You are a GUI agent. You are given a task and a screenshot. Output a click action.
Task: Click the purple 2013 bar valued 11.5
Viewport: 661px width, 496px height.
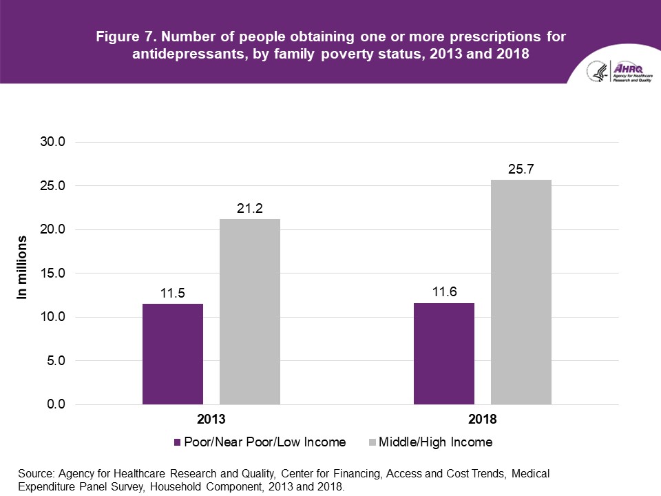pyautogui.click(x=173, y=354)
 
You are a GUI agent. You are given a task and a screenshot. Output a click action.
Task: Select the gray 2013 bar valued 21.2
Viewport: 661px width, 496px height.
pyautogui.click(x=250, y=311)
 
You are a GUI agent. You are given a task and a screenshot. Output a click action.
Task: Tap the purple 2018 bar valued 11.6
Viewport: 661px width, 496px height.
pyautogui.click(x=444, y=353)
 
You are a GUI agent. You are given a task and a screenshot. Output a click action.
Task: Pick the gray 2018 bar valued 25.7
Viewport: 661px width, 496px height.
pyautogui.click(x=521, y=292)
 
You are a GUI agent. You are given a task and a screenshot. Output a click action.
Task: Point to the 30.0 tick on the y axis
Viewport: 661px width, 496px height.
pyautogui.click(x=51, y=142)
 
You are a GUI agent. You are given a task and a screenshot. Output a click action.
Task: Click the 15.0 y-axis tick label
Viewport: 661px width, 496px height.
pyautogui.click(x=51, y=273)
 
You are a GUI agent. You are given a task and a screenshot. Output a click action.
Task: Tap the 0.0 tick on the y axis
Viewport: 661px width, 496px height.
pyautogui.click(x=54, y=404)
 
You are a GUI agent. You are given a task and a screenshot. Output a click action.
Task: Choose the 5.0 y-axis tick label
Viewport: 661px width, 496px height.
pyautogui.click(x=54, y=361)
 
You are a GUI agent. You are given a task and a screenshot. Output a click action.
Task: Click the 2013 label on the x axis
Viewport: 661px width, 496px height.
pyautogui.click(x=211, y=419)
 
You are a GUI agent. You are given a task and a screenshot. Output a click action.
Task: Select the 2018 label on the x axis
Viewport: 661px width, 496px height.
pyautogui.click(x=482, y=419)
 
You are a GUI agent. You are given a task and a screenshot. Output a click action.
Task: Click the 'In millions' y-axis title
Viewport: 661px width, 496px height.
pyautogui.click(x=23, y=267)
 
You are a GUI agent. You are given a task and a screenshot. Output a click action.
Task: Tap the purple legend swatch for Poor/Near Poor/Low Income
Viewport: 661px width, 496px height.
pyautogui.click(x=178, y=442)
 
